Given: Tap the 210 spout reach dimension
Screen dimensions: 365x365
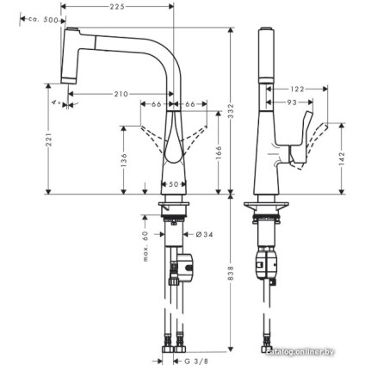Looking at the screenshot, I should point(121,92).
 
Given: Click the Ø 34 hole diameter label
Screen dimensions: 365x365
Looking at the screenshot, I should point(200,234).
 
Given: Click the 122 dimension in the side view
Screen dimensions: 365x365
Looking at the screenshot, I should point(297,89).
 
